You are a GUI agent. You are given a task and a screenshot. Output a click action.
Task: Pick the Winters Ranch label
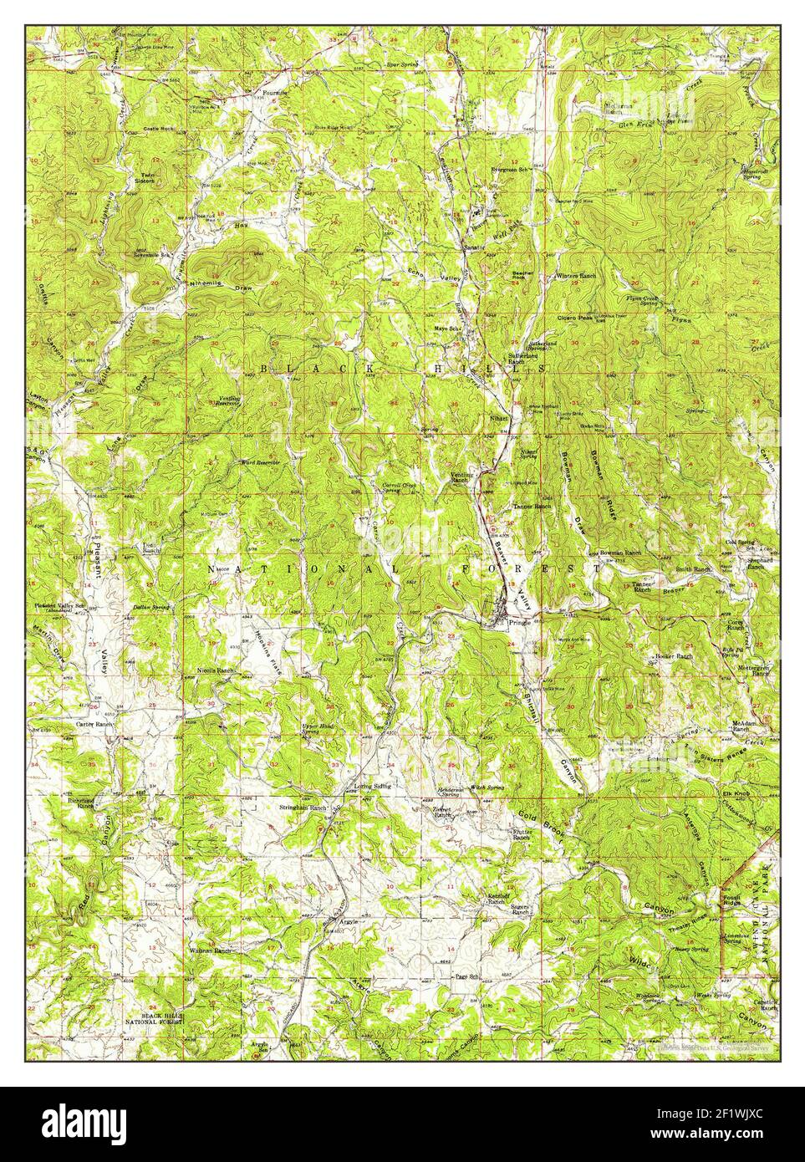(576, 275)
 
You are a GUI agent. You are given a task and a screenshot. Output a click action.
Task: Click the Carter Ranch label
(94, 723)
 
